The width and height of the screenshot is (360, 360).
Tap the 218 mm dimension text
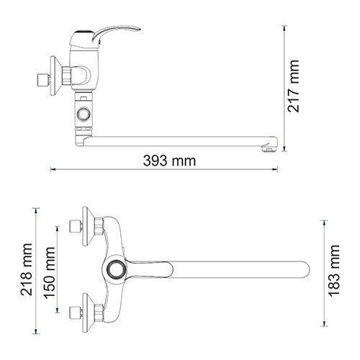point(27,271)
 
